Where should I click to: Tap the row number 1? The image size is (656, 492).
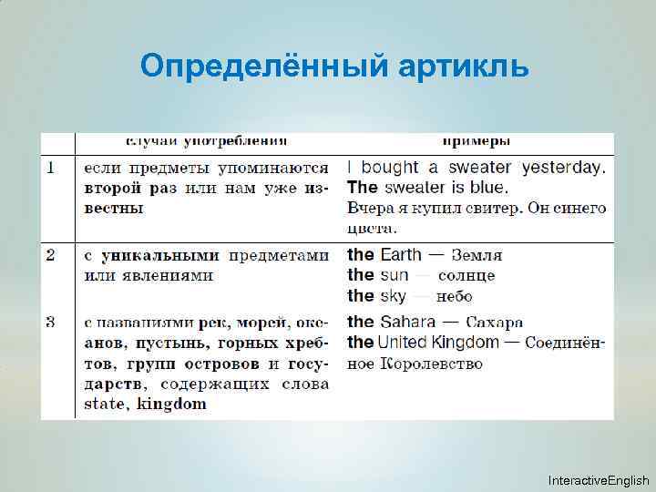pyautogui.click(x=51, y=168)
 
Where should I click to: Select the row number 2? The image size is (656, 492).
pyautogui.click(x=51, y=255)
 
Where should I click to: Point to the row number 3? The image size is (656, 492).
pyautogui.click(x=51, y=321)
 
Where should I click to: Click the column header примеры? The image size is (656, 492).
pyautogui.click(x=476, y=141)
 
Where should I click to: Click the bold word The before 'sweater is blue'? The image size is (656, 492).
pyautogui.click(x=363, y=188)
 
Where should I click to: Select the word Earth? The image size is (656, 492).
pyautogui.click(x=401, y=255)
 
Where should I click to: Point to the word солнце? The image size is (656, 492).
pyautogui.click(x=466, y=276)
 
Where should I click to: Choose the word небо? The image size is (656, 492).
pyautogui.click(x=455, y=297)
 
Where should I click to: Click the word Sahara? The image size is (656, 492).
pyautogui.click(x=409, y=321)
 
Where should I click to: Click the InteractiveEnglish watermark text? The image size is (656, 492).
pyautogui.click(x=599, y=480)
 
